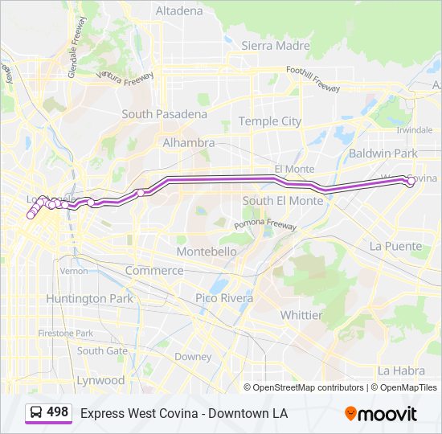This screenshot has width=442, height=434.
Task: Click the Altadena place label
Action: (x=179, y=11)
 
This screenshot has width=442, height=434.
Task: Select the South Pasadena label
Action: (x=164, y=114)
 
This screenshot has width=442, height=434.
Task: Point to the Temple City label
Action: (x=271, y=121)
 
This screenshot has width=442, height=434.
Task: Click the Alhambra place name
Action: (x=189, y=142)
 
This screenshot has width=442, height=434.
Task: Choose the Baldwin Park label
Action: (x=383, y=153)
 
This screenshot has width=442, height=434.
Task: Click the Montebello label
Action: (x=207, y=252)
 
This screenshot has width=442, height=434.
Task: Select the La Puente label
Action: (x=395, y=246)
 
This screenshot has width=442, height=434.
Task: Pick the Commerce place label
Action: (x=154, y=270)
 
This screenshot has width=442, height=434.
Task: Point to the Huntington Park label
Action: (x=88, y=298)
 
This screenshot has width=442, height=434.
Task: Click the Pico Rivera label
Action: (x=224, y=298)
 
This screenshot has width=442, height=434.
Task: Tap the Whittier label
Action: (x=301, y=315)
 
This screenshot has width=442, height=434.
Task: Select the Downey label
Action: (x=193, y=356)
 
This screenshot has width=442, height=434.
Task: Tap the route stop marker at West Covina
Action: (x=411, y=182)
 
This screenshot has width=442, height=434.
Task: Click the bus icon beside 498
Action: (x=36, y=413)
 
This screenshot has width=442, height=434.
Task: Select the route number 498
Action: (x=58, y=412)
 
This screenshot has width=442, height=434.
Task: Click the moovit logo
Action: (x=381, y=414)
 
